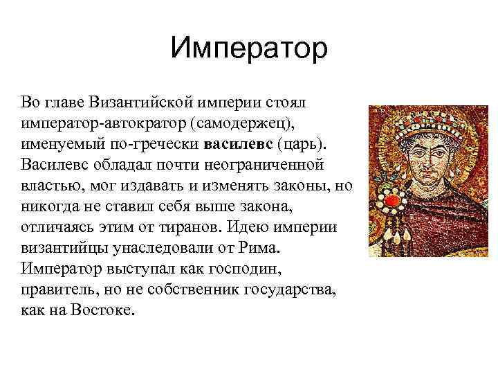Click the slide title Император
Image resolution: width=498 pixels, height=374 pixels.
(x=249, y=49)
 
